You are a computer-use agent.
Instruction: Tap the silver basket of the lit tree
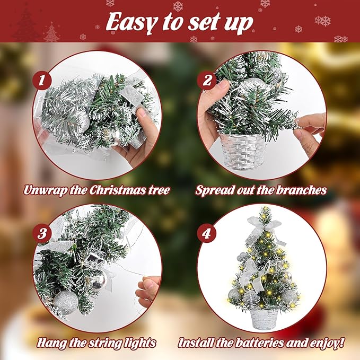(261, 318)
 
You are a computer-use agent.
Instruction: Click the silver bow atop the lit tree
(264, 225)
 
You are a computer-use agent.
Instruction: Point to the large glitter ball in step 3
(65, 302)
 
